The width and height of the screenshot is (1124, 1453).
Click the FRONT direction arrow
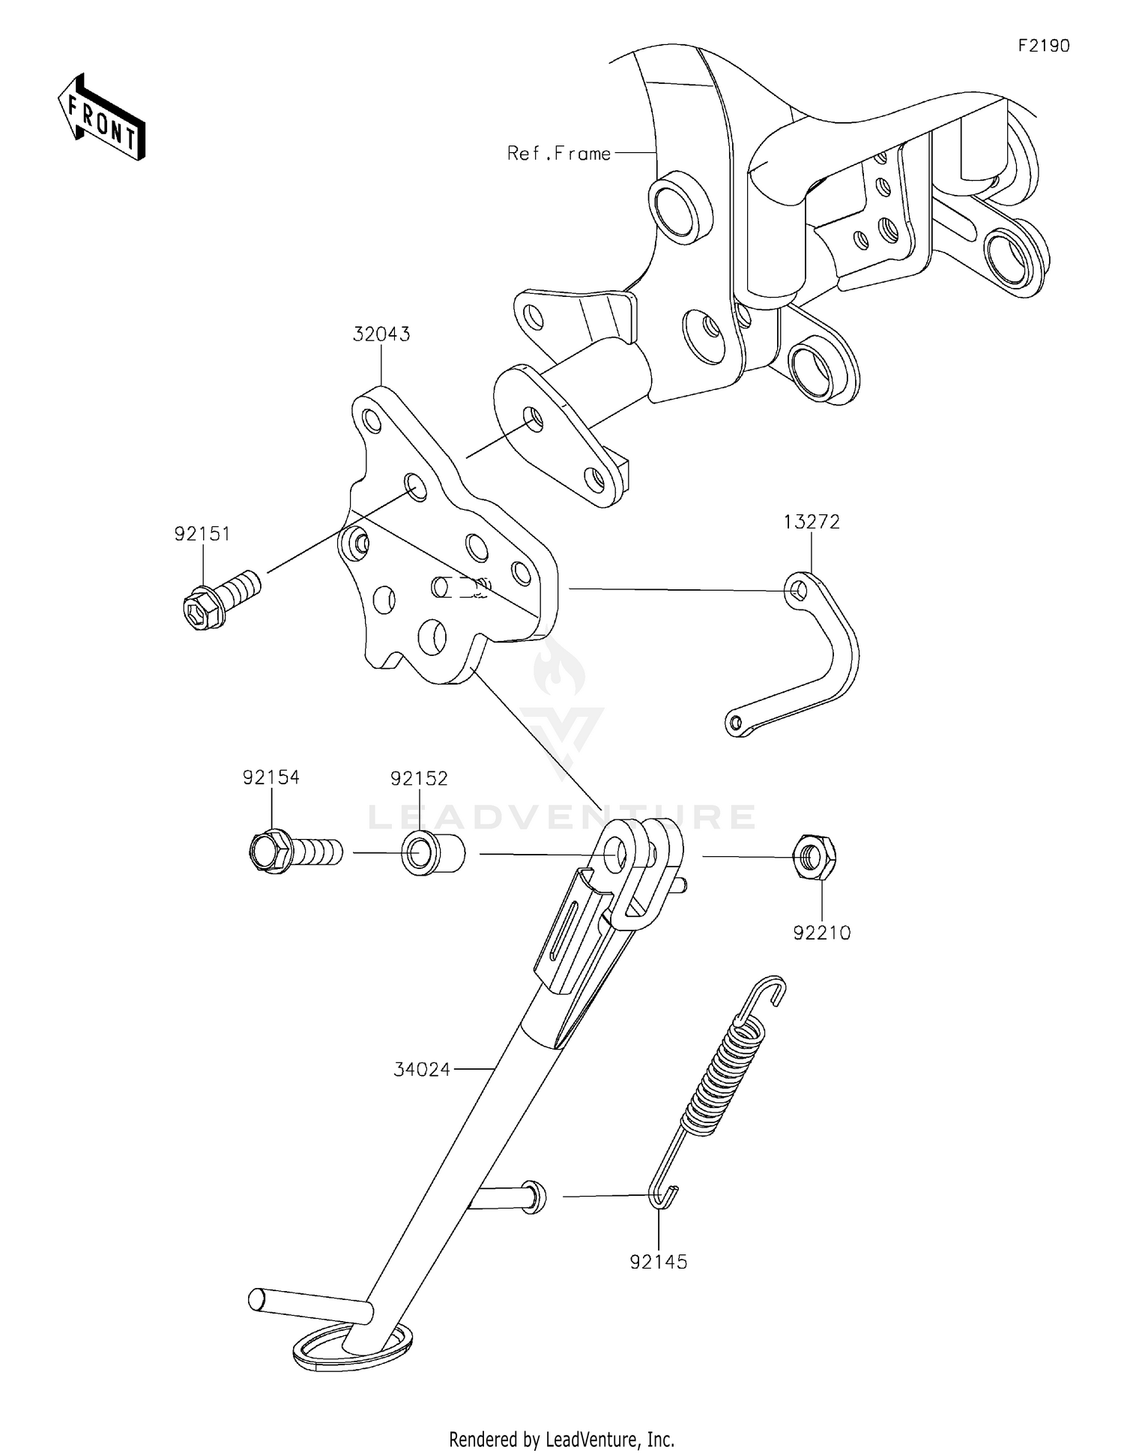102,118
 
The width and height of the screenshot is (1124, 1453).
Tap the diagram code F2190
1043,46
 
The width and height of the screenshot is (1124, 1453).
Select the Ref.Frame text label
558,154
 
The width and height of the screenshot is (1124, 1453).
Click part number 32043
381,334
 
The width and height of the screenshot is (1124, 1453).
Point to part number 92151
202,535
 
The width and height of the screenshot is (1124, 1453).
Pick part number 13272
812,522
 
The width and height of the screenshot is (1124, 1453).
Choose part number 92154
271,778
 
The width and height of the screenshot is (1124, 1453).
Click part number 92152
419,779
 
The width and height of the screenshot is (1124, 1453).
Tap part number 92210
822,933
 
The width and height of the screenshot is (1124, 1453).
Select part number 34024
422,1070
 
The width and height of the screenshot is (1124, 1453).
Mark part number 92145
658,1263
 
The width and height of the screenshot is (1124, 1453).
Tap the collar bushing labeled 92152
432,854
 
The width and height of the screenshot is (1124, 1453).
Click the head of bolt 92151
202,607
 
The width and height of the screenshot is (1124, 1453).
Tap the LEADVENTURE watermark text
562,816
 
